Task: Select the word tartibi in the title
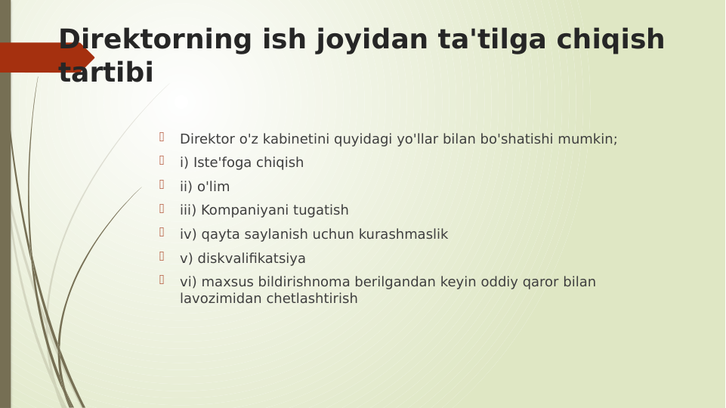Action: click(106, 73)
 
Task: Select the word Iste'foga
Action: click(222, 162)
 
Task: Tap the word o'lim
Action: click(214, 187)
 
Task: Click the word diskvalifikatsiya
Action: click(252, 258)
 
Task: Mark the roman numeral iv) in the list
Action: click(189, 234)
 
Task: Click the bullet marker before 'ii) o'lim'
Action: click(162, 184)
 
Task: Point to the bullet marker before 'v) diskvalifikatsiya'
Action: click(162, 256)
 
